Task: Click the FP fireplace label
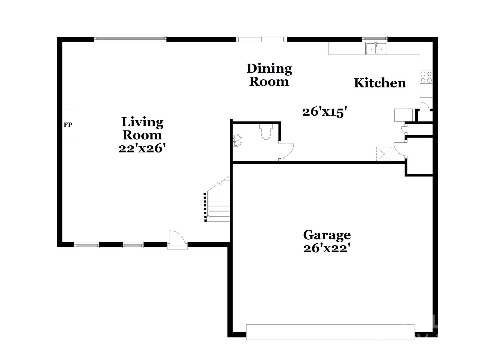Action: [x=68, y=125]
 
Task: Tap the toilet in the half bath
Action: [x=266, y=132]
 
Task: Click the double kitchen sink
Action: [x=376, y=48]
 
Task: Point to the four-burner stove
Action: [x=426, y=77]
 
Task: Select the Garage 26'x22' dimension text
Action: [x=327, y=248]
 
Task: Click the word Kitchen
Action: [x=380, y=83]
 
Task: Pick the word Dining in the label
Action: [x=269, y=69]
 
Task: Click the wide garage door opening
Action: [x=330, y=332]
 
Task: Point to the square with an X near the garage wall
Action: [x=384, y=154]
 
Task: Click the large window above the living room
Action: [x=130, y=39]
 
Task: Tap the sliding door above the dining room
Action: [x=262, y=39]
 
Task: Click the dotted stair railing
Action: [x=205, y=207]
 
